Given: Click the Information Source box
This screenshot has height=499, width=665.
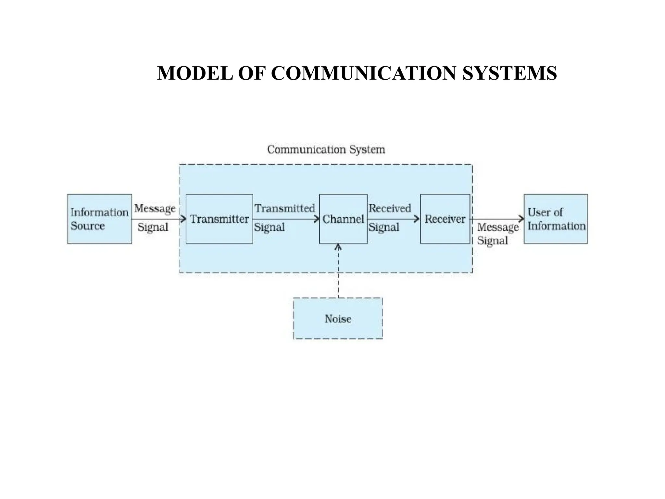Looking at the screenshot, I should click(99, 219).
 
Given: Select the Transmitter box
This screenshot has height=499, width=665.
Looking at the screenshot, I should click(219, 219).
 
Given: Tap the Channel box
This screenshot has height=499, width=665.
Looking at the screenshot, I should click(343, 219).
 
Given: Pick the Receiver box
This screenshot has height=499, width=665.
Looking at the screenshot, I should click(445, 219).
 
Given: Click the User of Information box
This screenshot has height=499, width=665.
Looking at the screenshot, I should click(556, 219).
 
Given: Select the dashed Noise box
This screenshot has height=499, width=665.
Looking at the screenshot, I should click(338, 319).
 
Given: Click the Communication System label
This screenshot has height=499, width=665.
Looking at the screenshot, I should click(326, 149).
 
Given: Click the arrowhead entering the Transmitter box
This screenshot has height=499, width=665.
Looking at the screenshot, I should click(183, 219).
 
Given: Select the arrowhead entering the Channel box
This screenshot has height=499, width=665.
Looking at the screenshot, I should click(317, 219).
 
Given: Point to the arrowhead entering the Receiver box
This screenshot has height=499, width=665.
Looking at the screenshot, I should click(417, 219).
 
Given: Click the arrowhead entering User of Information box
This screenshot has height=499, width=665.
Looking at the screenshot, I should click(521, 219).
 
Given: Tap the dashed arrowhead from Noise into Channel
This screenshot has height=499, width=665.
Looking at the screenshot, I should click(338, 247).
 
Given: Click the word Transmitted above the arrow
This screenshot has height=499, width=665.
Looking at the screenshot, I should click(285, 208).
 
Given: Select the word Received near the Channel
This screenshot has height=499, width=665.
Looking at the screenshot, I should click(390, 208).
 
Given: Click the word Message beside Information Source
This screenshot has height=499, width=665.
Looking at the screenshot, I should click(155, 208).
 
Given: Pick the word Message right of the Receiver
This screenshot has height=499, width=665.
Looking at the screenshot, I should click(498, 227).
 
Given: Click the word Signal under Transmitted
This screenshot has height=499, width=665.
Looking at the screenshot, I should click(269, 227).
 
